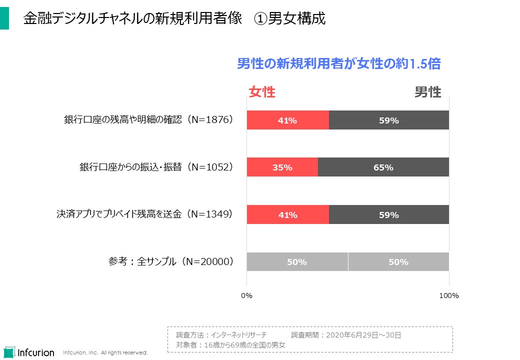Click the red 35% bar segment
tap(282, 167)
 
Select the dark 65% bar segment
tap(383, 167)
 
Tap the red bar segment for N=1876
tap(287, 120)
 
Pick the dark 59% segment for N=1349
tap(388, 215)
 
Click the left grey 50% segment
tap(297, 262)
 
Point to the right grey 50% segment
tap(398, 262)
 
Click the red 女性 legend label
tap(262, 92)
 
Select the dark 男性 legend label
tap(427, 92)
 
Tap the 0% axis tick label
tap(246, 295)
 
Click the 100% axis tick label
tap(448, 295)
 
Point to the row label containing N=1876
tap(148, 120)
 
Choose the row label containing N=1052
tap(156, 167)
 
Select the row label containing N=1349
tap(144, 214)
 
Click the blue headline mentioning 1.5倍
tap(338, 64)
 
